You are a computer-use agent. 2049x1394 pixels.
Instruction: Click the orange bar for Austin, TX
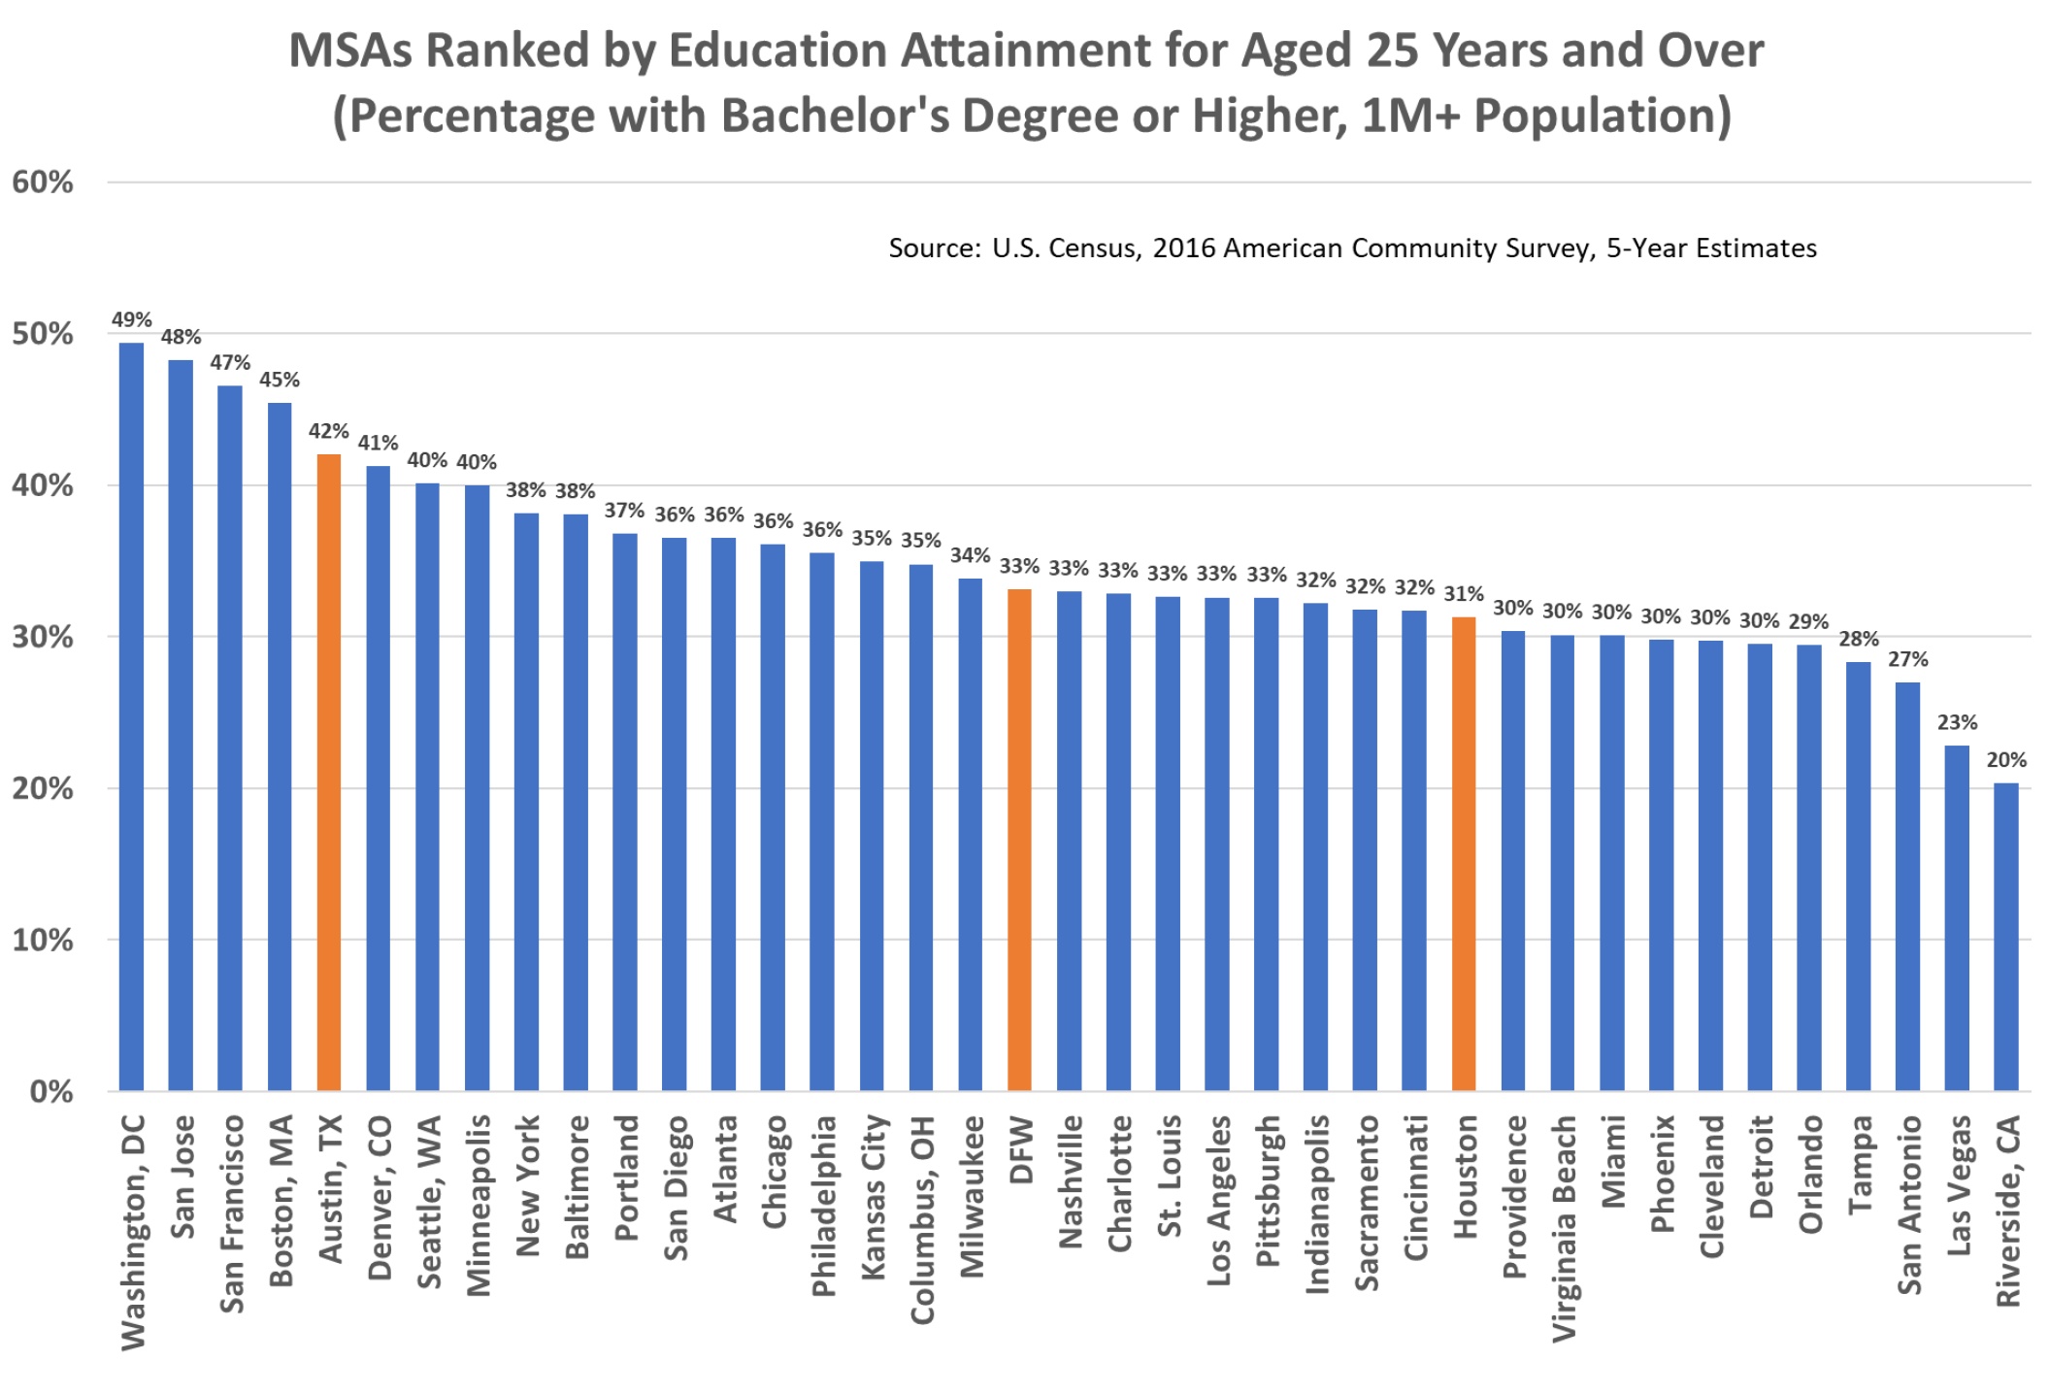click(x=329, y=772)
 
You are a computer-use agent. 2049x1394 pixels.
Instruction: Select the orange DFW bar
click(x=1019, y=840)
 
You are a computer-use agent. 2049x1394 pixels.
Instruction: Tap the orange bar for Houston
click(x=1464, y=853)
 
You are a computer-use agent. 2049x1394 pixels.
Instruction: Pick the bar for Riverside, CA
click(x=2006, y=937)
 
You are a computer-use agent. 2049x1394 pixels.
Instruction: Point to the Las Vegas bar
click(x=1957, y=917)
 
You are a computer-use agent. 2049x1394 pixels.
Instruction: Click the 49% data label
click(x=131, y=319)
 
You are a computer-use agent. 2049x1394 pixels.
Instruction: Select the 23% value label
click(x=1957, y=722)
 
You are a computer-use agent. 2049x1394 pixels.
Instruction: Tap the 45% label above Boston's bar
click(x=280, y=380)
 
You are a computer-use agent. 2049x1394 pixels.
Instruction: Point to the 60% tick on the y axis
click(x=43, y=182)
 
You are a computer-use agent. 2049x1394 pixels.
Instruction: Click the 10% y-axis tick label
click(x=43, y=940)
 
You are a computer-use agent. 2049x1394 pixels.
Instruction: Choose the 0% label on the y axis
click(x=50, y=1091)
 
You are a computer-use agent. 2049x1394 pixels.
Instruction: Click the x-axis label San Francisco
click(x=232, y=1213)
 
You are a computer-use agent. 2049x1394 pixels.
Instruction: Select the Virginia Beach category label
click(x=1564, y=1229)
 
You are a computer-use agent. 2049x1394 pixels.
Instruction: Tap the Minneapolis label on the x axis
click(x=479, y=1205)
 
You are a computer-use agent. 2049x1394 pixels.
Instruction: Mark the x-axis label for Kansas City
click(x=874, y=1197)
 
